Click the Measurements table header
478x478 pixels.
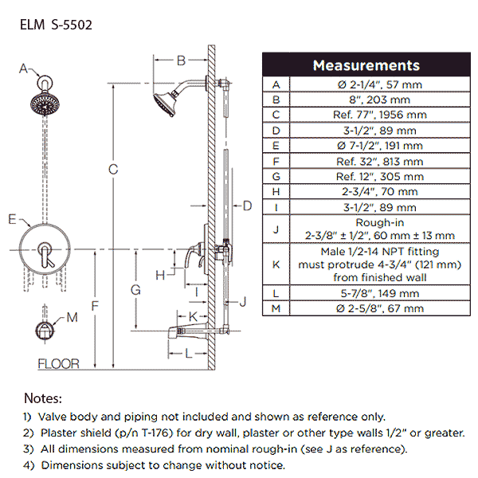coord(366,65)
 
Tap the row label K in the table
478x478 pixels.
coord(276,262)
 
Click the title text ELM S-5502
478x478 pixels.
coord(55,25)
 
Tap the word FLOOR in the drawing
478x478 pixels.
coord(59,364)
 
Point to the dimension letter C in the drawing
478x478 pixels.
coord(114,168)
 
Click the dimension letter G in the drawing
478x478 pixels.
coord(136,290)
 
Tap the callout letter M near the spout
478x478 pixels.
coord(72,318)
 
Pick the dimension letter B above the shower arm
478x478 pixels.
coord(181,61)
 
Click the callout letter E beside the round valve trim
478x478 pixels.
coord(11,218)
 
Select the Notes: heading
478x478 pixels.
coord(43,398)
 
